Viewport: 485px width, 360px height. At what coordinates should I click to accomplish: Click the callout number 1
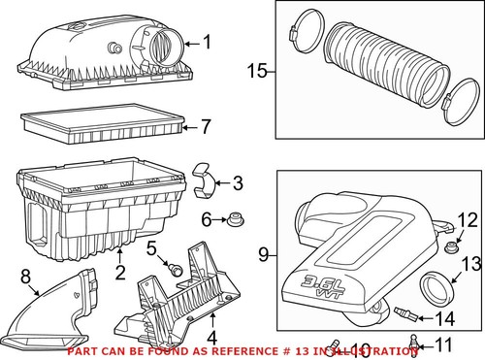(x=205, y=42)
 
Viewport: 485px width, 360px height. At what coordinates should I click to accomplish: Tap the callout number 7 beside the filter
(x=205, y=126)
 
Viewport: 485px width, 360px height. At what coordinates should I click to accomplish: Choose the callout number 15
(x=256, y=70)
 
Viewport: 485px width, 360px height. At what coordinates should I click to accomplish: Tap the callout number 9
(x=263, y=255)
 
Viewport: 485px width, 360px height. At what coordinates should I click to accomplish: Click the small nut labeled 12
(x=449, y=248)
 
